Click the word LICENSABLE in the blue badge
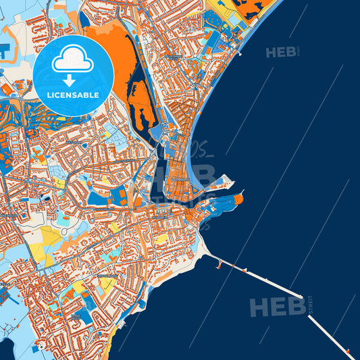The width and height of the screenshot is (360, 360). pos(73,95)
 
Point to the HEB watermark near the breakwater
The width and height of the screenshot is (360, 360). pos(277,307)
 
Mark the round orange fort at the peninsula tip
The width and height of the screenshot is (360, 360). pos(239,197)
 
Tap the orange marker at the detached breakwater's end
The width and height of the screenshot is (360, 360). pos(348,351)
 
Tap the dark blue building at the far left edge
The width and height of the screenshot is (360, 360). pos(3,50)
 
